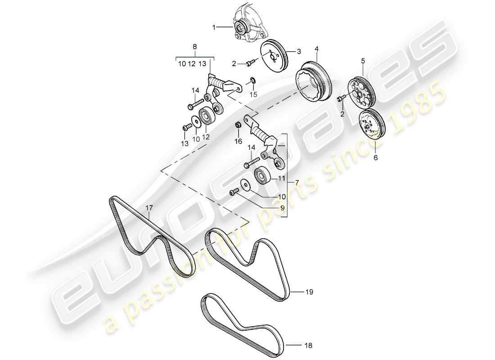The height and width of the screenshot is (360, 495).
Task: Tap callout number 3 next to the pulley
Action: [298, 51]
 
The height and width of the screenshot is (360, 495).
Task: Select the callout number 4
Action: [317, 48]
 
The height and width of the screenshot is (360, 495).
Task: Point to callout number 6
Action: [376, 158]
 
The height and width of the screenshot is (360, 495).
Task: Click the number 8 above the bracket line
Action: [194, 46]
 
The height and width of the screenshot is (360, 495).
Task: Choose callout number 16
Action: [238, 142]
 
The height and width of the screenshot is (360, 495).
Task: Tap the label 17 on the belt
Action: [149, 208]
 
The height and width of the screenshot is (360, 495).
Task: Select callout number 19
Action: [309, 292]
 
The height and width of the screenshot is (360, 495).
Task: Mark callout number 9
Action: [282, 208]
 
